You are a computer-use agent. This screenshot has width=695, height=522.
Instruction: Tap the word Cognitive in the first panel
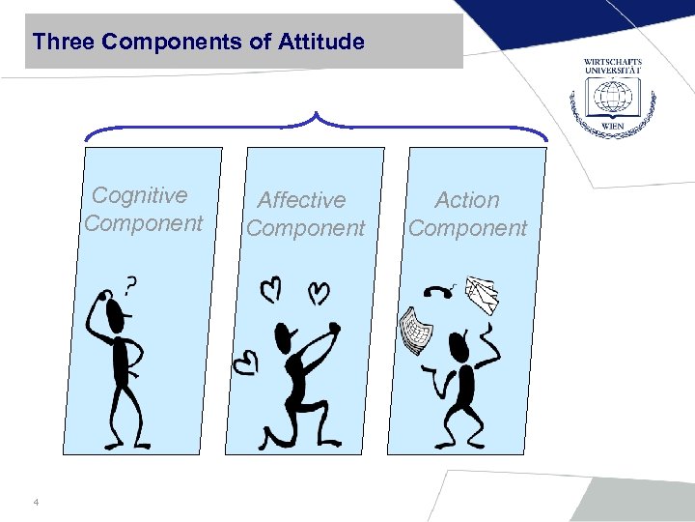point(140,195)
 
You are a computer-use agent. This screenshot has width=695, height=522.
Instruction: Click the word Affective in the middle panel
point(301,200)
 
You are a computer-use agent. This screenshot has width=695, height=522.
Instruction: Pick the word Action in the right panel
point(467,200)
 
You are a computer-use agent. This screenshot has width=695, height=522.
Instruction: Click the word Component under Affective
point(306,228)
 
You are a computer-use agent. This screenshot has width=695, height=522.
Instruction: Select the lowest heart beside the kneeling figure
point(248,362)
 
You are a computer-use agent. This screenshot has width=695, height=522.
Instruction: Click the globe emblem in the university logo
point(612,98)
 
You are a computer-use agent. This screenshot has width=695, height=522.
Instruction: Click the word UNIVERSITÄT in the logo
point(612,72)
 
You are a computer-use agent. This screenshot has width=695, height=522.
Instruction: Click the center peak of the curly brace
point(317,116)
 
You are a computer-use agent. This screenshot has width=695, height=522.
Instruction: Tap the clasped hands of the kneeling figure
point(333,328)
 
